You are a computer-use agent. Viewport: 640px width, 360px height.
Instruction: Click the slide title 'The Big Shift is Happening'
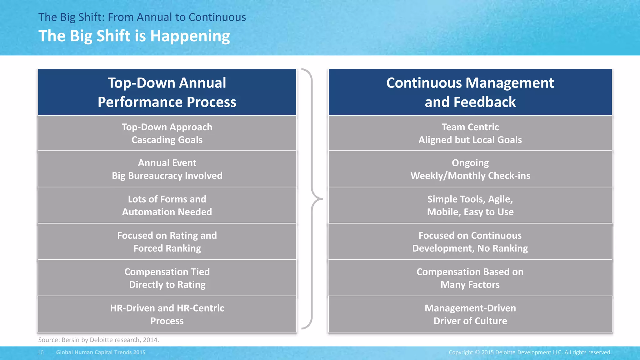(134, 36)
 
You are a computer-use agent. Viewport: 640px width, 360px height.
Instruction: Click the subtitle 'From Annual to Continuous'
(177, 17)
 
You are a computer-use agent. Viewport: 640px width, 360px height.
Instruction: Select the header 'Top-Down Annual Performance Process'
(167, 92)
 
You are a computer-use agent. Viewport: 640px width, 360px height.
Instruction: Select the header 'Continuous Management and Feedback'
(470, 92)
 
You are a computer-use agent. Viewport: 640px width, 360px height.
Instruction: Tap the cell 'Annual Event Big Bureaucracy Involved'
(167, 169)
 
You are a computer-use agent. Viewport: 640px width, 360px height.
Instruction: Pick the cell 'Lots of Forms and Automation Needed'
(167, 205)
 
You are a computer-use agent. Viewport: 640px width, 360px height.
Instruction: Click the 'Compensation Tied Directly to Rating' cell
(167, 278)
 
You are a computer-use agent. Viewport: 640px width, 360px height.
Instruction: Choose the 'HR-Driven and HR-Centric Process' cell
(167, 314)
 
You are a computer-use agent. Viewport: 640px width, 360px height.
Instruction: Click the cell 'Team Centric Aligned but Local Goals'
(470, 133)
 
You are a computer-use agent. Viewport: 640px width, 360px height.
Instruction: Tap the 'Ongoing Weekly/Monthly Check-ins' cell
(470, 169)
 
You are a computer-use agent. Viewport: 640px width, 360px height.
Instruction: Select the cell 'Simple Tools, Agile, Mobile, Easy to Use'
(470, 205)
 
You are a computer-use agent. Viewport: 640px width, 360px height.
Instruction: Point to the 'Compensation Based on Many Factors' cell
(470, 278)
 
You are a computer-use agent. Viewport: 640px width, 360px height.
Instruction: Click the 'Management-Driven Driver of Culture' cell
(470, 314)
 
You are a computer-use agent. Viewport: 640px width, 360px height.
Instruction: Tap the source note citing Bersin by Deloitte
(98, 340)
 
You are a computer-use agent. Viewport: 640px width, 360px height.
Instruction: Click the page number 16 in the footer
(41, 352)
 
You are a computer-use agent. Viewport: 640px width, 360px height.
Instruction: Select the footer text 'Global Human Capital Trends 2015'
(101, 352)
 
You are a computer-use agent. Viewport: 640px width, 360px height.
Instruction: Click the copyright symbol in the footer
(477, 352)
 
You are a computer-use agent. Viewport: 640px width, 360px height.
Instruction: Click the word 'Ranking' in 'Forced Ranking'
(183, 248)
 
